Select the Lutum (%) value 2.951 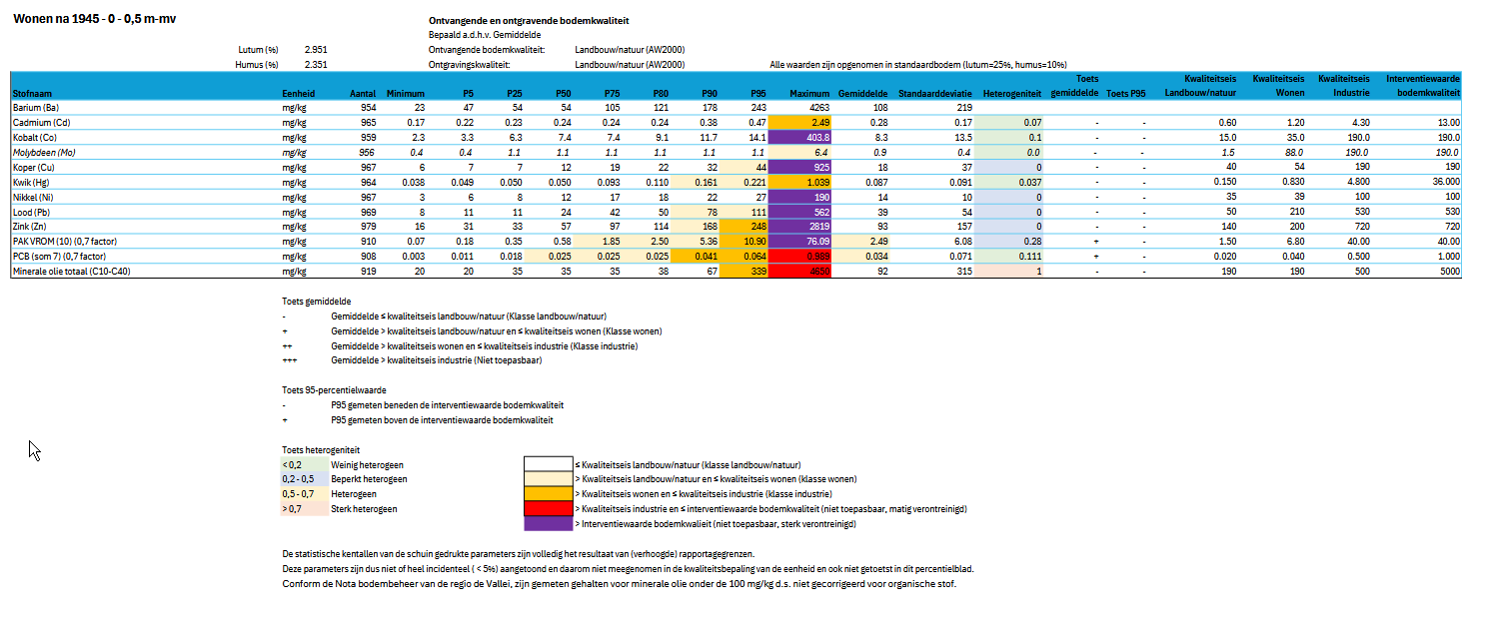tap(315, 49)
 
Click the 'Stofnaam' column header tap(34, 93)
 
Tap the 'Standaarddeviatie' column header tap(934, 93)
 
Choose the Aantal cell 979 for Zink tap(367, 227)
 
